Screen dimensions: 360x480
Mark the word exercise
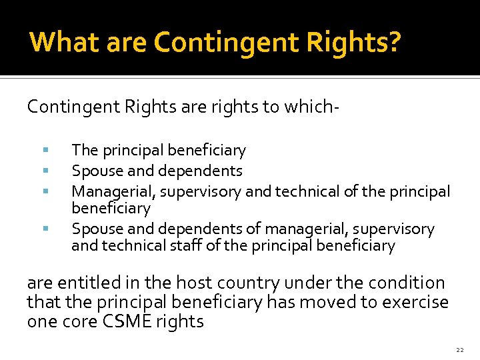click(x=415, y=302)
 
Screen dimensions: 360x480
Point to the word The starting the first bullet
click(x=85, y=151)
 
